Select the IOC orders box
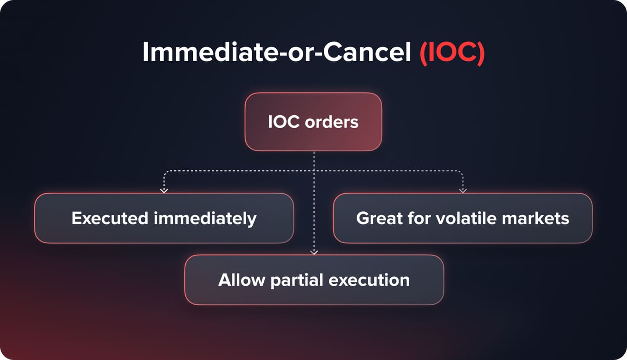(313, 122)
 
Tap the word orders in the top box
(332, 122)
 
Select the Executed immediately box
(164, 218)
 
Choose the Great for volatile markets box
(463, 218)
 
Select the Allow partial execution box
(314, 280)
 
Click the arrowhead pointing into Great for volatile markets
(463, 190)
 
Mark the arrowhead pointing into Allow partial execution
(314, 252)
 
